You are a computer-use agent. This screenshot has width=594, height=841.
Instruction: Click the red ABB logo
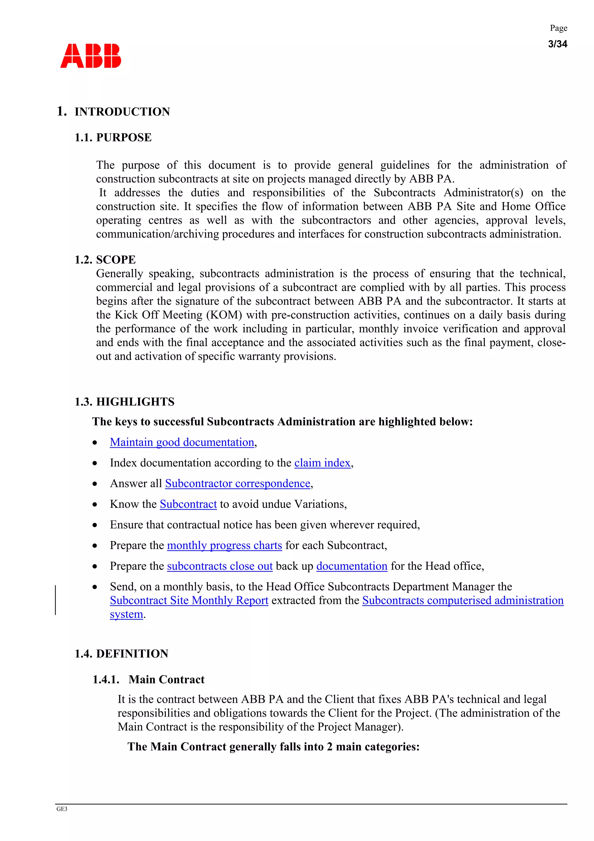click(x=90, y=56)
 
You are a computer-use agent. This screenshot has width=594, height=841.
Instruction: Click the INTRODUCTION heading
click(x=122, y=112)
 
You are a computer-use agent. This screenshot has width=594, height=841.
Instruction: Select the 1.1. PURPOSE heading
click(x=113, y=137)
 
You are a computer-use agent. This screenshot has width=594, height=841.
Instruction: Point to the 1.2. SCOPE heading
click(x=105, y=260)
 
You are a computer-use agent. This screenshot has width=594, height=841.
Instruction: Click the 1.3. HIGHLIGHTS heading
click(x=124, y=402)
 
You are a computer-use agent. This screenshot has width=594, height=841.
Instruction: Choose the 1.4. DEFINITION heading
click(x=121, y=653)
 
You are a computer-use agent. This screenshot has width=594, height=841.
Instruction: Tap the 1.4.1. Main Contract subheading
click(x=148, y=680)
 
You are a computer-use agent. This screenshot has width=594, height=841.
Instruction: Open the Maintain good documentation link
click(x=182, y=442)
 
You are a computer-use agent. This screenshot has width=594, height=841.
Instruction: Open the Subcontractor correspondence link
click(x=238, y=484)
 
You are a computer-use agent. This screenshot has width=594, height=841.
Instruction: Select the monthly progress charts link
click(x=224, y=545)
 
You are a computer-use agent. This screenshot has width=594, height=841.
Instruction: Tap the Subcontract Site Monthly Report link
click(x=189, y=600)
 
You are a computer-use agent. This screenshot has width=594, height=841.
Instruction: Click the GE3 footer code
click(x=62, y=809)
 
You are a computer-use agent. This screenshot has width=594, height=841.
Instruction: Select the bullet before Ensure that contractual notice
click(x=95, y=525)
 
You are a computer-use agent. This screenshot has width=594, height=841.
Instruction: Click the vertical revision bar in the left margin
click(x=56, y=600)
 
